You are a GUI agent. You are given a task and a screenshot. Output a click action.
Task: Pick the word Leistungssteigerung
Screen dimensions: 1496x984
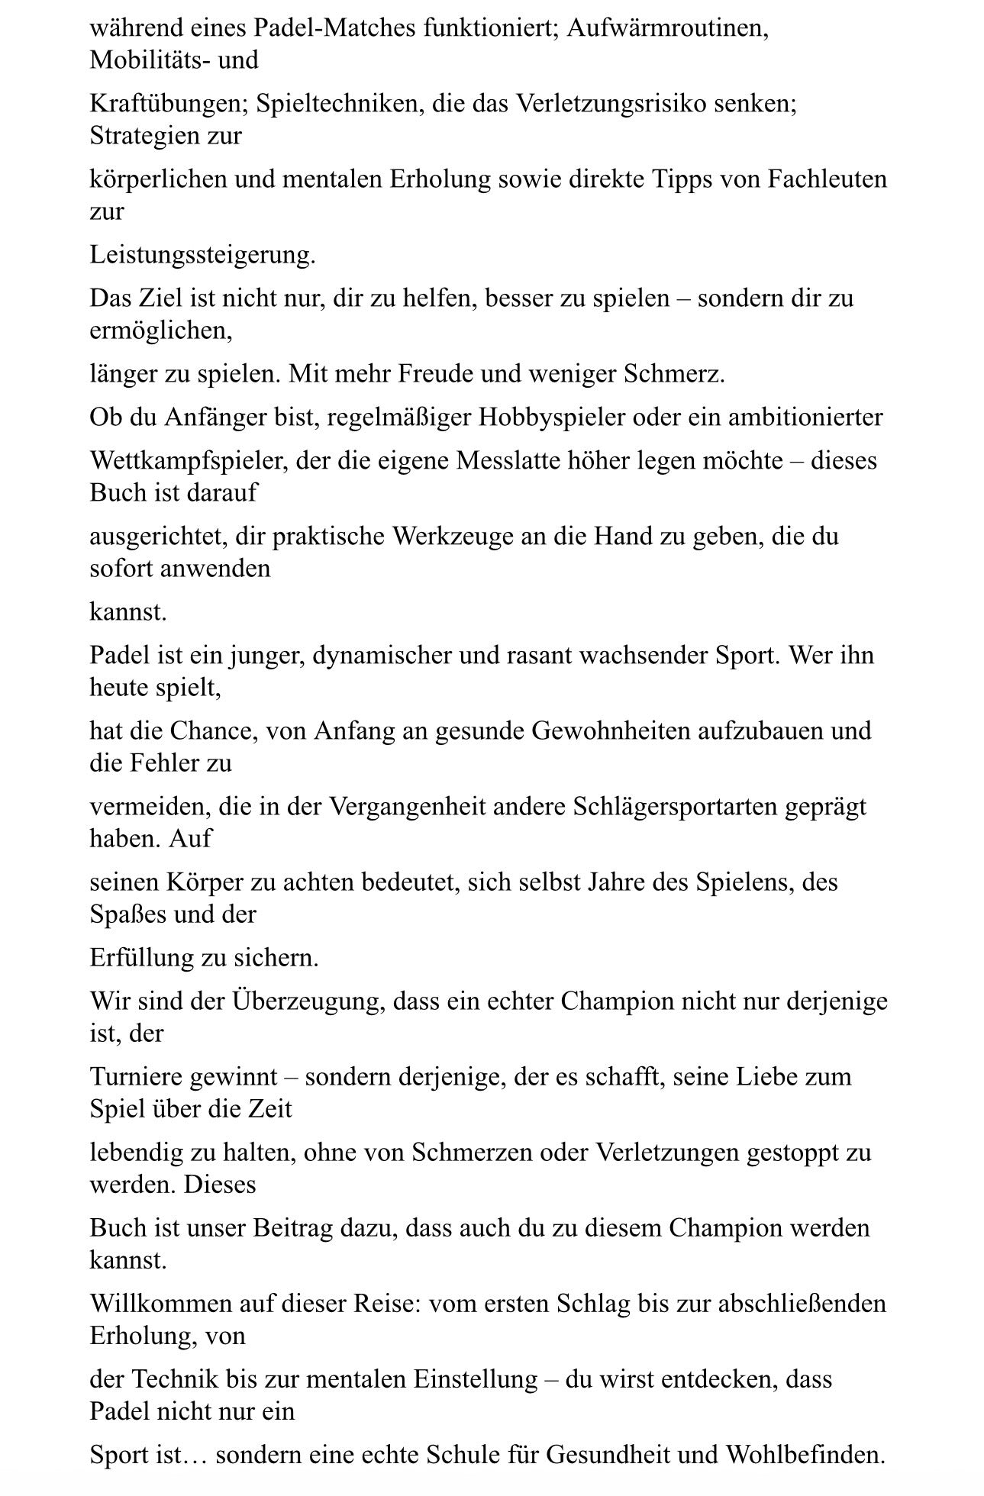pos(202,254)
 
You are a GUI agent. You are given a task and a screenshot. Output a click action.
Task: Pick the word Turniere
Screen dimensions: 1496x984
pos(138,1076)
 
